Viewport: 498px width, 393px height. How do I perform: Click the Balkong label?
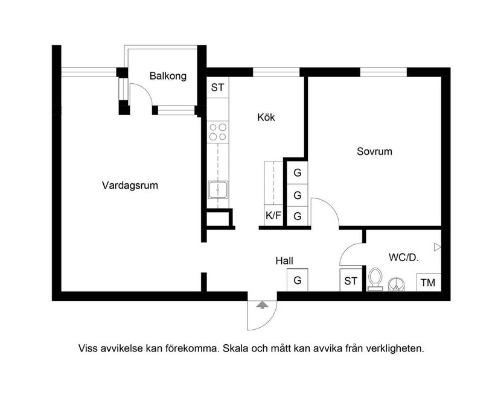click(x=168, y=77)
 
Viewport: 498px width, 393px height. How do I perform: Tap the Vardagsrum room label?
click(x=130, y=186)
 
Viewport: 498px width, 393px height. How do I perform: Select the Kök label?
click(x=266, y=118)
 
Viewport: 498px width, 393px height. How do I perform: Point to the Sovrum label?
click(x=374, y=151)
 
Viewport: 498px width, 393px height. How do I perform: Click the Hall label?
click(x=284, y=261)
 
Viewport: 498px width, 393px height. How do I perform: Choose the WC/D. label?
click(x=404, y=257)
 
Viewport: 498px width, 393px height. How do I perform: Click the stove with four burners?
click(x=217, y=132)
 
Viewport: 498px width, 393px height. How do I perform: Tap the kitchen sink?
click(x=217, y=190)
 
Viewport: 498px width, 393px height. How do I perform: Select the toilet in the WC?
click(x=375, y=279)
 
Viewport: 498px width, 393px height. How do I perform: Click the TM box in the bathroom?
click(x=428, y=282)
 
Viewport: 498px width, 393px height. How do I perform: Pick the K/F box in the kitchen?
click(x=273, y=215)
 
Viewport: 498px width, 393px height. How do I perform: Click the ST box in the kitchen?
click(x=217, y=87)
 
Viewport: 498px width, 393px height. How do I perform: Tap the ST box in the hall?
click(x=351, y=281)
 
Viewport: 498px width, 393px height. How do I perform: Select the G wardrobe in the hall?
click(x=298, y=280)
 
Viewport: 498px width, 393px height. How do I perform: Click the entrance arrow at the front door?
click(x=261, y=305)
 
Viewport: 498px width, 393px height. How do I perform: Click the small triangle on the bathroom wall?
click(x=438, y=247)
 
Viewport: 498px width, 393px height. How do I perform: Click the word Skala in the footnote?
click(x=236, y=348)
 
